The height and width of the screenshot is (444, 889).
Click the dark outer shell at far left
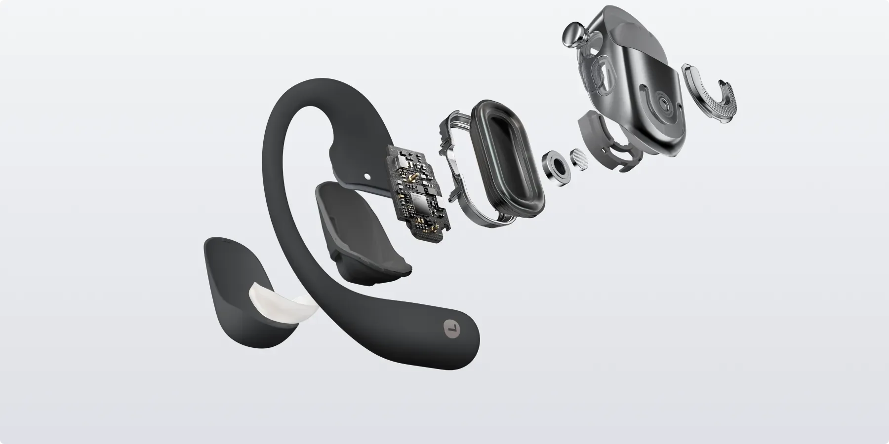pos(232,291)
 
